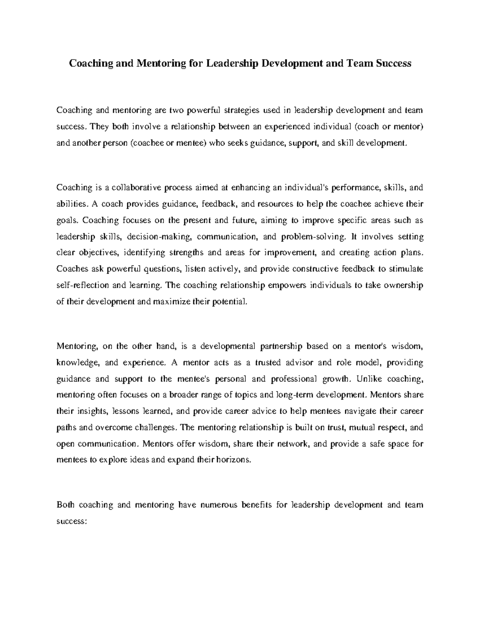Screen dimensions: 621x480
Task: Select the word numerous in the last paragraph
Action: click(218, 505)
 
